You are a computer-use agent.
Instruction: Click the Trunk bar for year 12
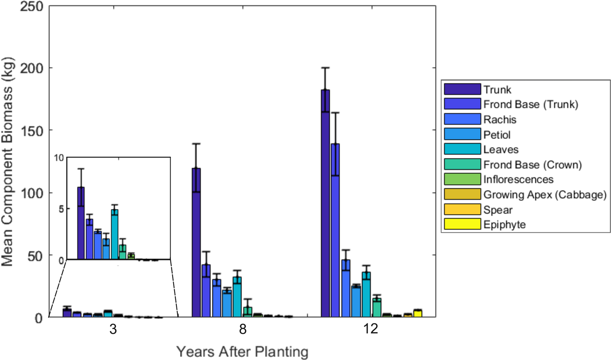pos(325,203)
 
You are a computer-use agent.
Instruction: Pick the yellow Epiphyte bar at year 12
pos(418,313)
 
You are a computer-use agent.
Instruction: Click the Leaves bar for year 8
pos(237,297)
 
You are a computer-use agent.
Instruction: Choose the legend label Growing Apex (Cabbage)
pos(544,194)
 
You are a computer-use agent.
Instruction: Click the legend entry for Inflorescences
pos(518,179)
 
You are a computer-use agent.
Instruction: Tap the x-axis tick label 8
pos(243,329)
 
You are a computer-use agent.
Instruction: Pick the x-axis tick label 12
pos(371,329)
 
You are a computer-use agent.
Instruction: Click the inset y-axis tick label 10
pos(59,158)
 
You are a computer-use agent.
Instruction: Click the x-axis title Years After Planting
pos(243,352)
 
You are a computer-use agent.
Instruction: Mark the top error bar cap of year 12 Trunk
pos(325,67)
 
